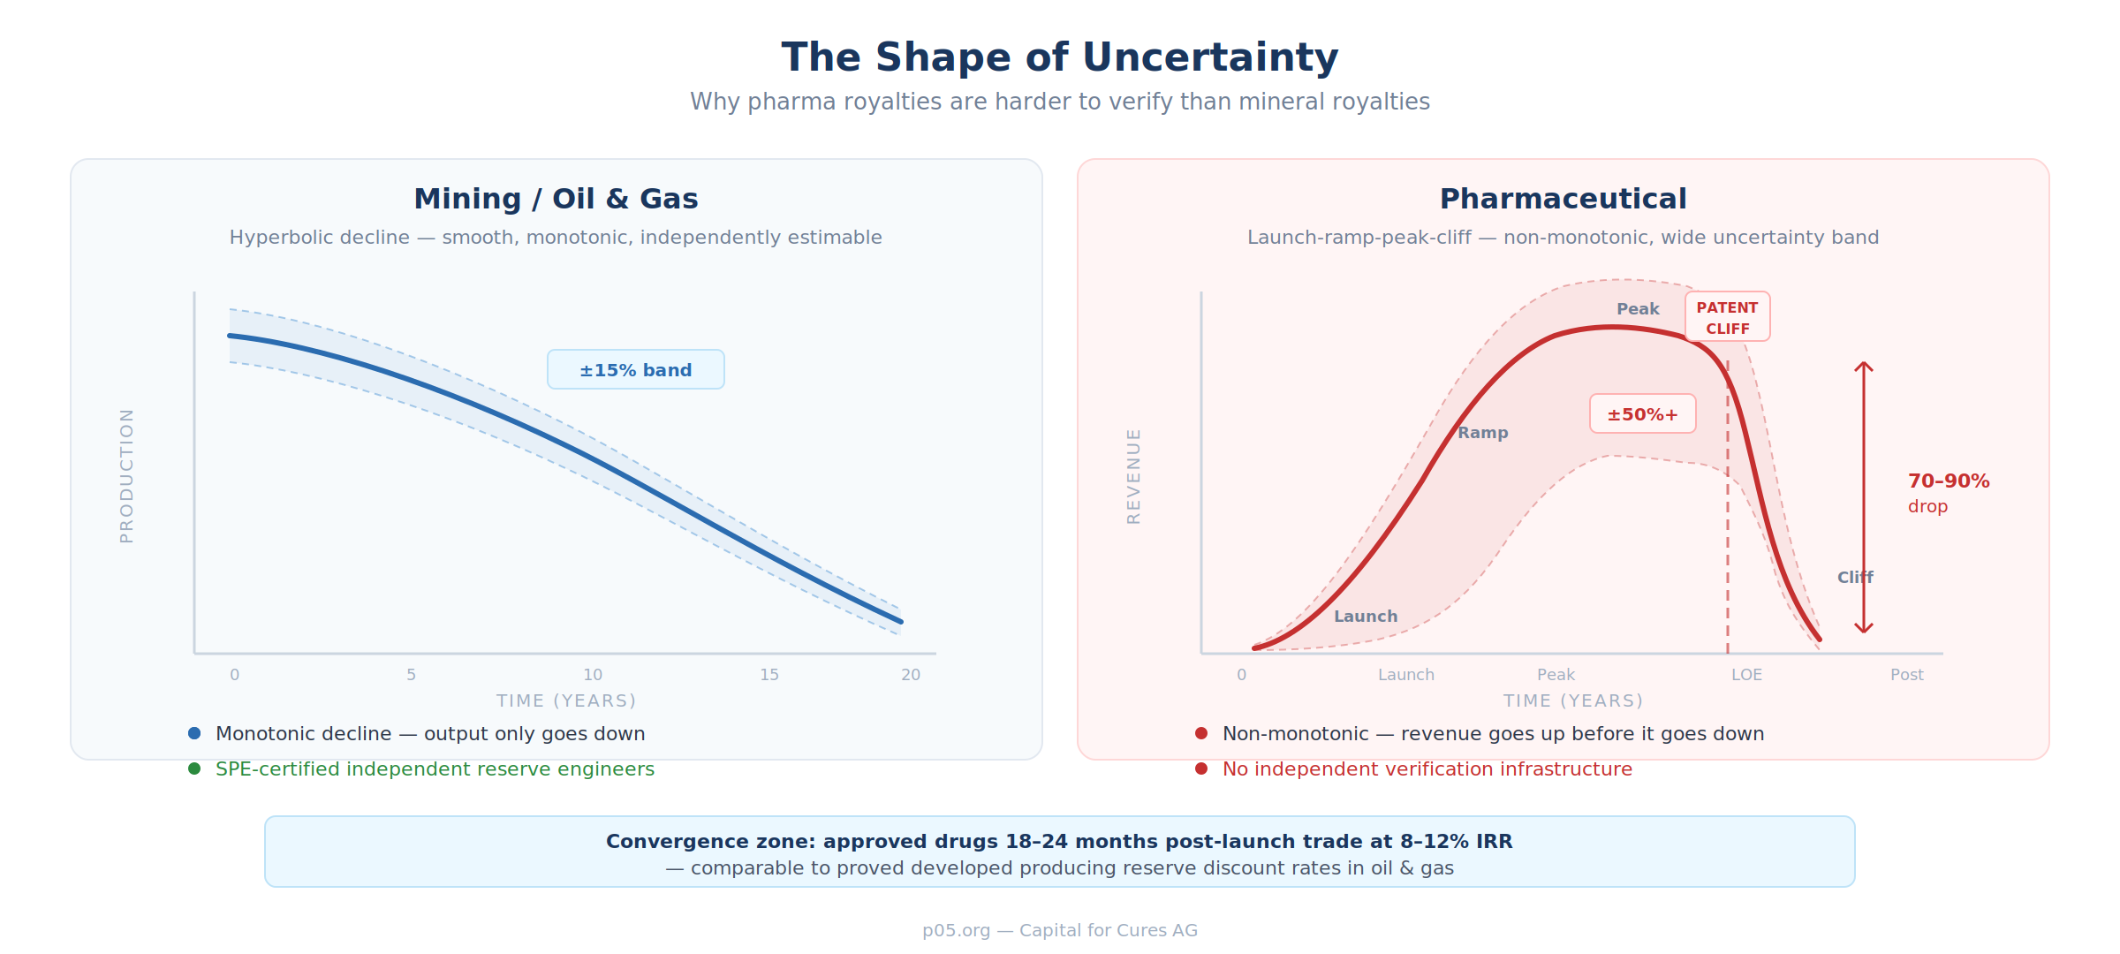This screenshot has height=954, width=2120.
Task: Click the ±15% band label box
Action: (x=635, y=370)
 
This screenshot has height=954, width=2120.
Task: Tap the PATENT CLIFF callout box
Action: (x=1727, y=317)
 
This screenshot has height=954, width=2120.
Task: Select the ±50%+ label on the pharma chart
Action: (x=1642, y=414)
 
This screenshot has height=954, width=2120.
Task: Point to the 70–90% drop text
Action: (x=1948, y=482)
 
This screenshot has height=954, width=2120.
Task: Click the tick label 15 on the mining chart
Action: (x=769, y=675)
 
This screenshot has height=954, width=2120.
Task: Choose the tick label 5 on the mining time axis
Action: (x=412, y=675)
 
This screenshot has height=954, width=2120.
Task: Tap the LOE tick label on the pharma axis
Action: (x=1746, y=675)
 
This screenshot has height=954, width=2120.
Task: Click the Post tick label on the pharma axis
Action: (x=1906, y=675)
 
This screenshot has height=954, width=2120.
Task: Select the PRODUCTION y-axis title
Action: (x=127, y=475)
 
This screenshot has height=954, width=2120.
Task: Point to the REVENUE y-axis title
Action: (x=1134, y=476)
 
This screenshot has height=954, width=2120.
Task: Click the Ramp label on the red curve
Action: (x=1482, y=433)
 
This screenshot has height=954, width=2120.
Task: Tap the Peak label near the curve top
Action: (x=1638, y=309)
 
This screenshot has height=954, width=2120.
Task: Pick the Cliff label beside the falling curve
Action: (x=1855, y=578)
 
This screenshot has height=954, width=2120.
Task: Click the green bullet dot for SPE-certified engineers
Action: (x=194, y=768)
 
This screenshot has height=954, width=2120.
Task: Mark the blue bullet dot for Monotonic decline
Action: (x=194, y=733)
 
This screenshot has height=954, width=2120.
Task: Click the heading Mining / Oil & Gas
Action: (x=556, y=199)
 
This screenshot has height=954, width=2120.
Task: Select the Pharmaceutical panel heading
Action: (x=1563, y=199)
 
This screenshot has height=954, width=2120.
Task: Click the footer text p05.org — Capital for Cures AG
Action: (x=1059, y=930)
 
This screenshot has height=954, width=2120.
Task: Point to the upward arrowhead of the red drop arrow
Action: (x=1864, y=364)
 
